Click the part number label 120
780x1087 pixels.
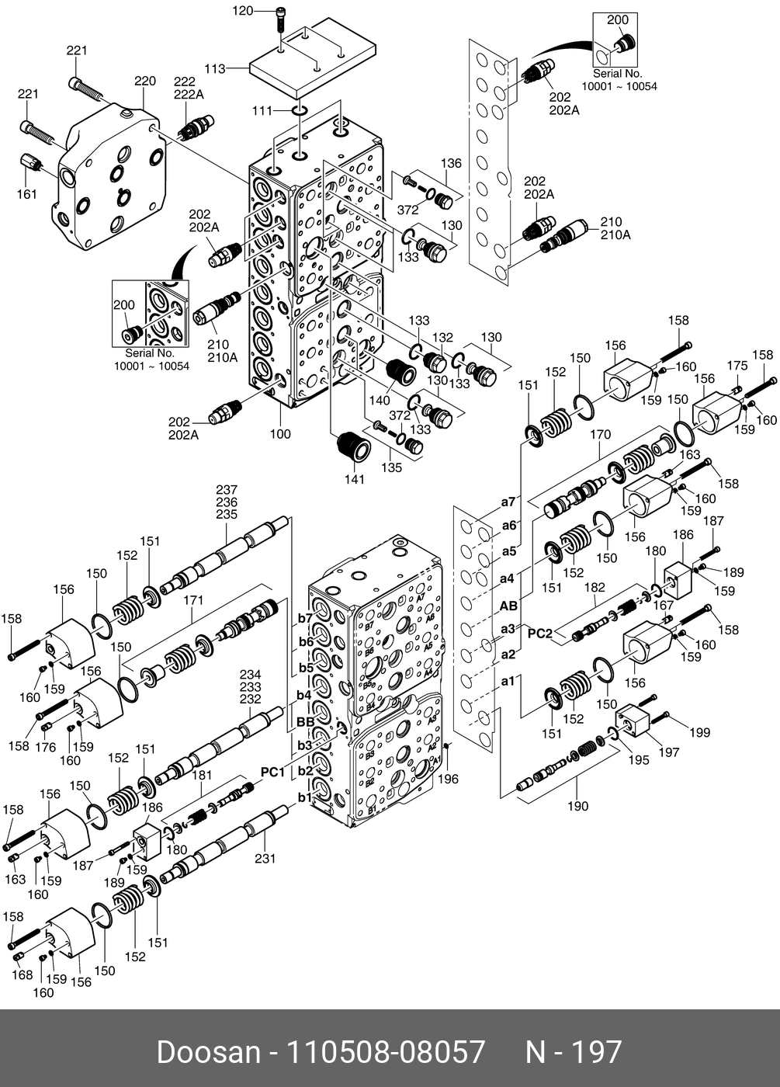(x=244, y=11)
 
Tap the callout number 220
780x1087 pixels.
(x=145, y=81)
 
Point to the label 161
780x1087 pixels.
(x=27, y=194)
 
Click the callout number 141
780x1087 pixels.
(x=354, y=480)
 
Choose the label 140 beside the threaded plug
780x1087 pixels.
(x=380, y=401)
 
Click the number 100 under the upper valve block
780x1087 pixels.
(x=280, y=434)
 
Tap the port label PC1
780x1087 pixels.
(x=272, y=772)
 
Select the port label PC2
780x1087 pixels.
(x=540, y=634)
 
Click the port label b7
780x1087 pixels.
(x=305, y=618)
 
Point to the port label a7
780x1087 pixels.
(x=508, y=502)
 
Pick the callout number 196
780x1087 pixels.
(x=449, y=780)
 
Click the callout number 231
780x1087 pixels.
(x=265, y=859)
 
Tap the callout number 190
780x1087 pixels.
(x=577, y=806)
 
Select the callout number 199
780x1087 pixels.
(x=699, y=732)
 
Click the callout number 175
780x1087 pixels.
(x=737, y=366)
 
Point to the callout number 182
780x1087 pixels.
(x=595, y=589)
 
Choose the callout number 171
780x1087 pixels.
(x=193, y=600)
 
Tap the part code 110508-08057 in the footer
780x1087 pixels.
(x=387, y=1053)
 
